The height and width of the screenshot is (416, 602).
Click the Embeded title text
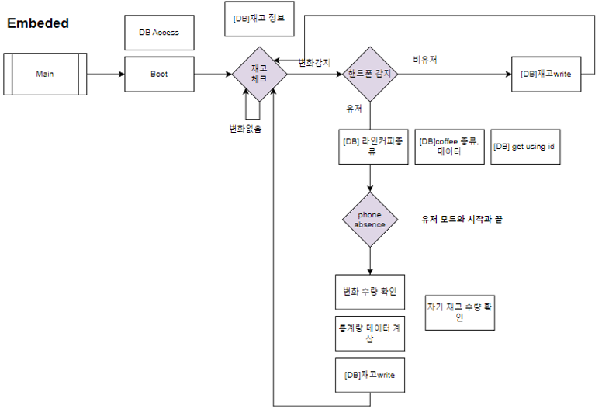tap(38, 23)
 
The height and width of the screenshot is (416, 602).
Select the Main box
tap(45, 75)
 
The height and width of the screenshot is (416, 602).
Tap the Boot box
tap(159, 75)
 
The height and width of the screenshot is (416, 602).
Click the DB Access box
tap(159, 33)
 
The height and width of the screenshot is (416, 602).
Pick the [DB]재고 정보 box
tap(259, 19)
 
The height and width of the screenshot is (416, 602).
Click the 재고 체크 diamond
tap(259, 75)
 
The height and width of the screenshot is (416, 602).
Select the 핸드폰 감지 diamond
tap(370, 75)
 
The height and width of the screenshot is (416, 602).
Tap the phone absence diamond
tap(370, 220)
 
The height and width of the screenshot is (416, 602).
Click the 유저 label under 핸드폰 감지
tap(354, 109)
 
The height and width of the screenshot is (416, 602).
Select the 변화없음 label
tap(245, 129)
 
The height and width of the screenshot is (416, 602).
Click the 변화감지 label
tap(315, 62)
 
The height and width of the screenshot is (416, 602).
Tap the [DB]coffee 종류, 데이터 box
tap(449, 147)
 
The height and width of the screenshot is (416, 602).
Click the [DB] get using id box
tap(525, 147)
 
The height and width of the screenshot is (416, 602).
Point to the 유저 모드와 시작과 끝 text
tap(462, 220)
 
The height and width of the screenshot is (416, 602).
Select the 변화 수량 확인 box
tap(369, 292)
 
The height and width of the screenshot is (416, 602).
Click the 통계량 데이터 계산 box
tap(369, 334)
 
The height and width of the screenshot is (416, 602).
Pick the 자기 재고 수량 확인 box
tap(459, 312)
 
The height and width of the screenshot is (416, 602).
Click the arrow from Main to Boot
tap(106, 75)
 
